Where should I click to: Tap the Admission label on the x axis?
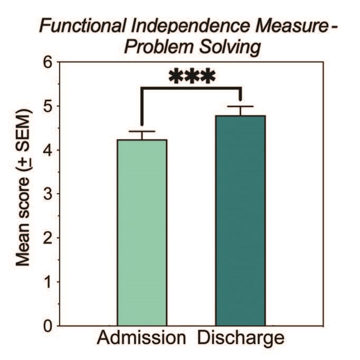(x=141, y=338)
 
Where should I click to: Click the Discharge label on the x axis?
(x=241, y=338)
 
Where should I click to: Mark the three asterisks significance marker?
(x=192, y=77)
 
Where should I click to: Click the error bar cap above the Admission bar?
(x=142, y=131)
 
